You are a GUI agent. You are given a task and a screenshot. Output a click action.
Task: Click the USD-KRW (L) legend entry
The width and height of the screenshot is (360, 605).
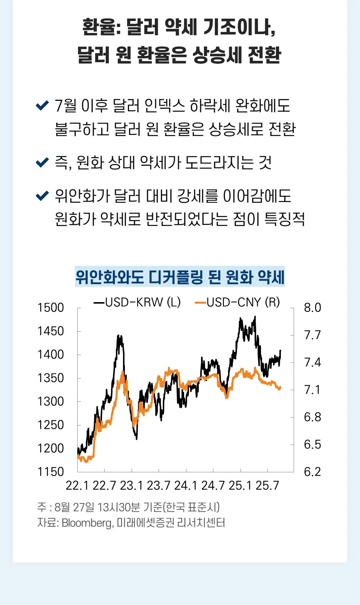(137, 302)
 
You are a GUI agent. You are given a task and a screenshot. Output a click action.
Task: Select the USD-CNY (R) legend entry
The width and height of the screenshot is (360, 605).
(238, 302)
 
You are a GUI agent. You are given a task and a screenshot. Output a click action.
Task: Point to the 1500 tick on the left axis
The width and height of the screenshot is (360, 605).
(51, 308)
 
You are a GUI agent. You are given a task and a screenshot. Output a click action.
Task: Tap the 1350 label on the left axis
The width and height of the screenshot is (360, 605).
(51, 378)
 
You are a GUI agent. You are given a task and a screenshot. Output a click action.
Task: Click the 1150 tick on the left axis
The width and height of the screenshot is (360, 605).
(51, 472)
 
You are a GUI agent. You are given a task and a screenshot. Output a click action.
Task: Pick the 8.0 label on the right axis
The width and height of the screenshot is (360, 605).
(312, 308)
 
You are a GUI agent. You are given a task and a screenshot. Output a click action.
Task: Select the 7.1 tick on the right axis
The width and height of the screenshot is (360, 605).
(312, 390)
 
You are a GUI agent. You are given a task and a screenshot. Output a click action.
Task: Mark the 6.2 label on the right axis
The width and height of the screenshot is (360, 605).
(312, 472)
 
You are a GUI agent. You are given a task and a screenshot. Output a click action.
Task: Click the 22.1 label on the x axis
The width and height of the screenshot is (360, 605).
(77, 486)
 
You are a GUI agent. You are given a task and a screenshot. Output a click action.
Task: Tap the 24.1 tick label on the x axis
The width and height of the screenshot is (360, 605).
(186, 486)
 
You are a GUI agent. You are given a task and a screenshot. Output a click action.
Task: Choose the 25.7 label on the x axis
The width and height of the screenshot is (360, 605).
(267, 486)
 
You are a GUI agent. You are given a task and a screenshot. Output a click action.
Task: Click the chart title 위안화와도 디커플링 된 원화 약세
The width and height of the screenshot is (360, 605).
(180, 277)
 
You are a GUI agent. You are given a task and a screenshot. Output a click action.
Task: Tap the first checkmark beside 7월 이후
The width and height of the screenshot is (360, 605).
(42, 105)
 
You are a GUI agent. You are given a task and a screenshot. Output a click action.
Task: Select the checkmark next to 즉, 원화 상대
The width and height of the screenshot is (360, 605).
(42, 162)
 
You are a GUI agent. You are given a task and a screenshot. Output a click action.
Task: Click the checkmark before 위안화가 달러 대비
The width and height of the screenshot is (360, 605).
(42, 195)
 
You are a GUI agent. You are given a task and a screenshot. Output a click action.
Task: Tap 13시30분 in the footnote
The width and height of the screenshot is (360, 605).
(118, 507)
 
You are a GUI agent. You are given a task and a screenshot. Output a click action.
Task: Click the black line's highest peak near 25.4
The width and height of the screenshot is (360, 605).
(255, 317)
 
